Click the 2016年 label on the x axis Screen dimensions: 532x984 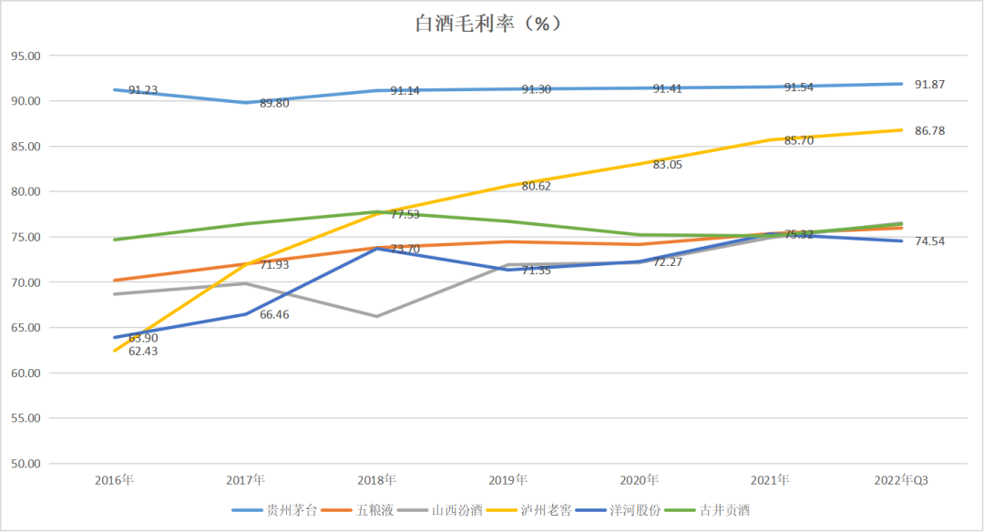point(114,480)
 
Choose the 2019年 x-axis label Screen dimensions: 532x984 point(507,480)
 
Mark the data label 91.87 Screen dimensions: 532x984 point(930,85)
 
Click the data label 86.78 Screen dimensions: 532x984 point(930,131)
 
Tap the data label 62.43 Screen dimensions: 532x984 point(143,352)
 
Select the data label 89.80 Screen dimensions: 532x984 point(274,104)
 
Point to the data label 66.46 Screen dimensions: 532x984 point(274,314)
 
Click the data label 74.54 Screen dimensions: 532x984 point(930,241)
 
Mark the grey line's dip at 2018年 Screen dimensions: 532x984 point(376,316)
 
